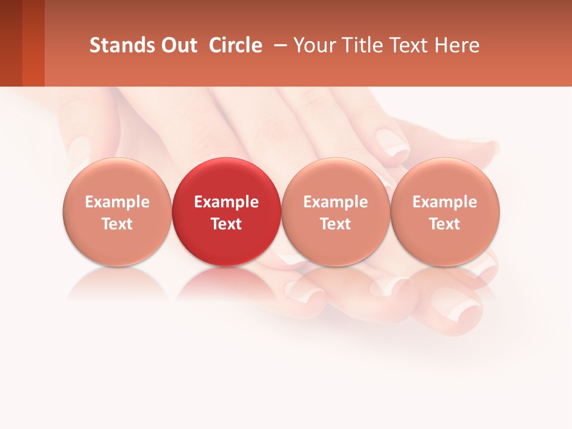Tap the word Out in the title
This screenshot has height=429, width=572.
(178, 45)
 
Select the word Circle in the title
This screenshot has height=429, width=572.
(235, 45)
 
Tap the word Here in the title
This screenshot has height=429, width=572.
(457, 45)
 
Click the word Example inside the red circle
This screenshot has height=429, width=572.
(226, 202)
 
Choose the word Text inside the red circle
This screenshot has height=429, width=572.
(226, 224)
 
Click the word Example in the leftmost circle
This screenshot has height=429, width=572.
(117, 202)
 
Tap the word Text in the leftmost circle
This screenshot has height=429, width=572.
(117, 224)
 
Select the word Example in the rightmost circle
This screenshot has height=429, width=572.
(445, 202)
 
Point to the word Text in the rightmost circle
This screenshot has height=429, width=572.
(445, 224)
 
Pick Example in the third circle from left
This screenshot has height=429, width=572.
(335, 202)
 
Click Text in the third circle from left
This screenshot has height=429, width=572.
(335, 224)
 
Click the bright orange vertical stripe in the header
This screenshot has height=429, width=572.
(33, 43)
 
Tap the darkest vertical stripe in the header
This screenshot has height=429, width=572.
(11, 43)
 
